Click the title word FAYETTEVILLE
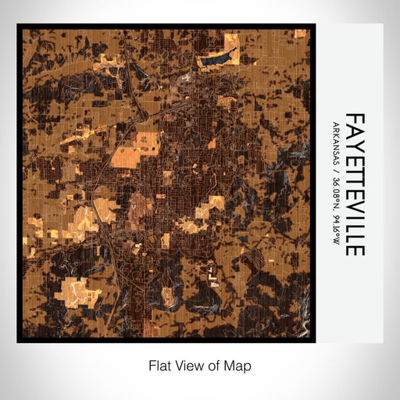(355, 184)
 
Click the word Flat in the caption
(159, 365)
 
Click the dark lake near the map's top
(218, 56)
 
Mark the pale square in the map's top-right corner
(300, 34)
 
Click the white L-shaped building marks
(211, 273)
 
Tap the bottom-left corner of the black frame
(19, 341)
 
